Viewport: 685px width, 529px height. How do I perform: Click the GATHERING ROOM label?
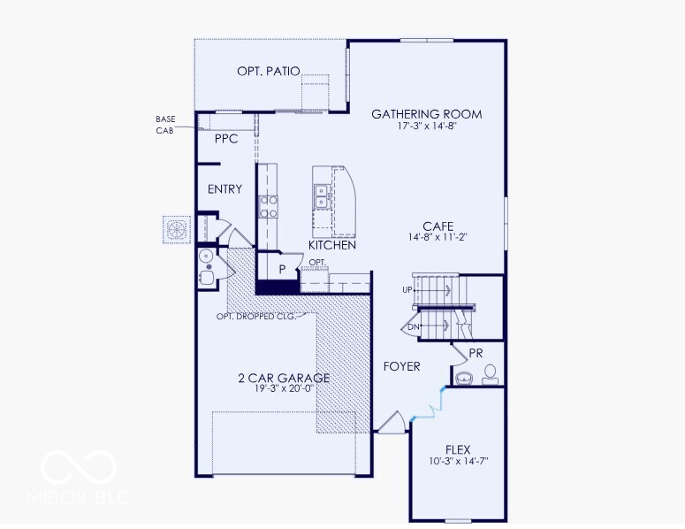point(426,114)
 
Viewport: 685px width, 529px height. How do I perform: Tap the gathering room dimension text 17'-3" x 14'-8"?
point(426,126)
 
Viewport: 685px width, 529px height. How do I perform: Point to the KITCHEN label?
point(332,245)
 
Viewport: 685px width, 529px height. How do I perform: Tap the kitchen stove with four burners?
point(268,205)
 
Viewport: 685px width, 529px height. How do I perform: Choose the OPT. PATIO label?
point(269,72)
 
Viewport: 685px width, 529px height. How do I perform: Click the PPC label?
point(226,139)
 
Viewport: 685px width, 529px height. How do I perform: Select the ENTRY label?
point(225,189)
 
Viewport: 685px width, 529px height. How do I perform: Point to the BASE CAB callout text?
point(165,125)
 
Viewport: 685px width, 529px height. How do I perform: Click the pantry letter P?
point(282,269)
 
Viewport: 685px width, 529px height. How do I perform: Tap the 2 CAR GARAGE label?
point(284,379)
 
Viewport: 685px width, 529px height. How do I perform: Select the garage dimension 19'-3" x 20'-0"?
point(284,390)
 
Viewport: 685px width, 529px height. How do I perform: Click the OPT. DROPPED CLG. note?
point(255,316)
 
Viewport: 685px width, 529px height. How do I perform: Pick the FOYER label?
point(401,366)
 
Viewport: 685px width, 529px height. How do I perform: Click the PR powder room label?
point(476,352)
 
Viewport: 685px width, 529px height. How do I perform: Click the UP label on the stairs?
point(407,290)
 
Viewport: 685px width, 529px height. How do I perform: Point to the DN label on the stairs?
point(413,327)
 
